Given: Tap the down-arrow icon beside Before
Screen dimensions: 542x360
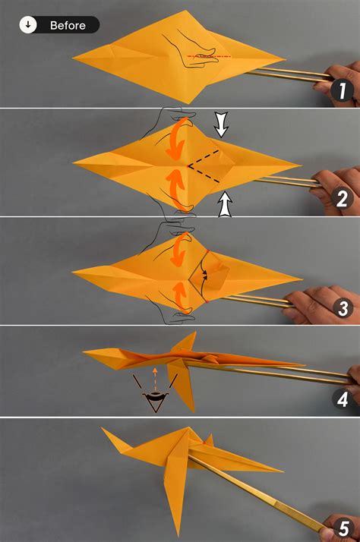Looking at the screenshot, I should click(x=28, y=25).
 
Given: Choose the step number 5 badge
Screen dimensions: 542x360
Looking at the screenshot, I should click(x=342, y=525).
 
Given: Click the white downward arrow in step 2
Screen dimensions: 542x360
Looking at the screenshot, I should click(x=221, y=124).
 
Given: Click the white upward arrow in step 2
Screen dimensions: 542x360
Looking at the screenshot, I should click(x=224, y=205).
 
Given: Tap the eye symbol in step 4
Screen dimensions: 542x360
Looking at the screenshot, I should click(x=157, y=399).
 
